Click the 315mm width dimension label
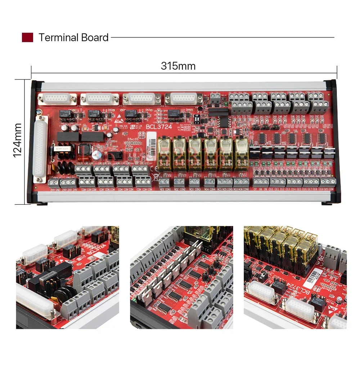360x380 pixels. tap(178, 66)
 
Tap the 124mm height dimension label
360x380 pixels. tap(18, 140)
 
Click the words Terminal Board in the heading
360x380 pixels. tap(73, 37)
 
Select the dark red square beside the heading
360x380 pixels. tap(27, 37)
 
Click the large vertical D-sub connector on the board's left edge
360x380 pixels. tap(40, 148)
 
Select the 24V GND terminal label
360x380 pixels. tap(55, 189)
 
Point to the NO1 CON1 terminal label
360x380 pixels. tap(165, 189)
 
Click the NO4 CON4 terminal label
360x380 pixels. tap(210, 189)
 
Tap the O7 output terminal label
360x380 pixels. tap(256, 189)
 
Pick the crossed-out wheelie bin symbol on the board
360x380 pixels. tap(156, 177)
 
